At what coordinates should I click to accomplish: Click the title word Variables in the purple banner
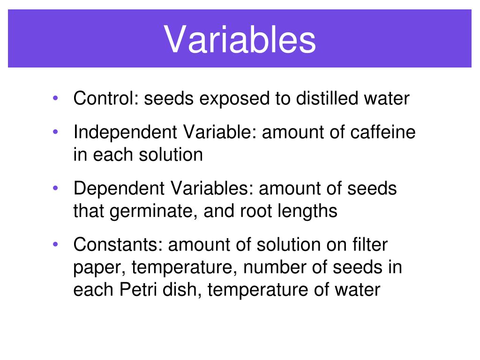tap(240, 39)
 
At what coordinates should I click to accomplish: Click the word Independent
tap(123, 133)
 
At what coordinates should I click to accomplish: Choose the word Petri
tap(135, 290)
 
